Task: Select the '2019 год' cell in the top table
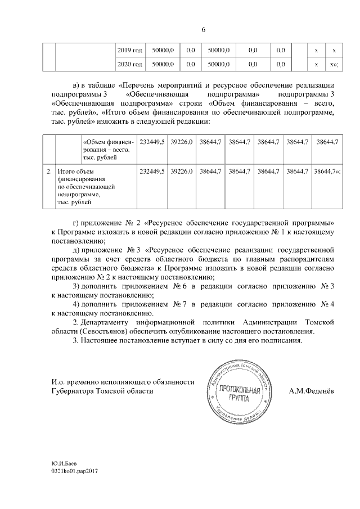[129, 51]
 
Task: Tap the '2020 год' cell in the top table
[129, 64]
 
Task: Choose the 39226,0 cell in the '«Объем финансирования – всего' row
[182, 143]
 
